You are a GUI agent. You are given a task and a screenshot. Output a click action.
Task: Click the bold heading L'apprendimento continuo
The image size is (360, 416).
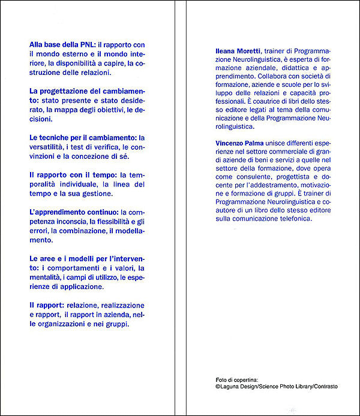click(x=74, y=212)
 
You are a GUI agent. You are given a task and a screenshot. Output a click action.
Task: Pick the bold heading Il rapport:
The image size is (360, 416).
click(x=47, y=305)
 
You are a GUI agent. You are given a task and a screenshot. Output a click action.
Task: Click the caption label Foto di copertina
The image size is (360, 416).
click(x=237, y=379)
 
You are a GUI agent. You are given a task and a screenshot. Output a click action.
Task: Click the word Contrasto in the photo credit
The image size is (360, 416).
click(x=324, y=387)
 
